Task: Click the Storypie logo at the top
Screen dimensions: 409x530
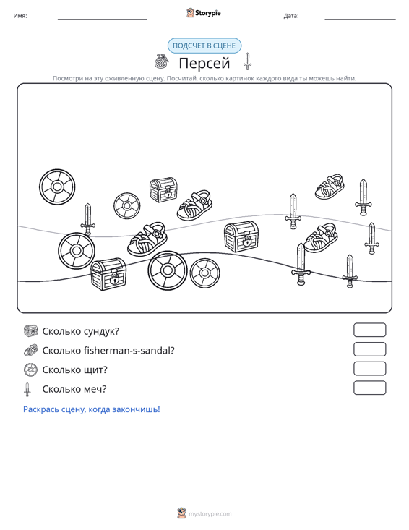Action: coord(203,13)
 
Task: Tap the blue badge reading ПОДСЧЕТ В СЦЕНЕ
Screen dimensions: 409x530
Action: coord(204,46)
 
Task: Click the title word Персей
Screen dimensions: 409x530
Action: coord(204,63)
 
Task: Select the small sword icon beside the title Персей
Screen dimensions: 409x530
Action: coord(248,61)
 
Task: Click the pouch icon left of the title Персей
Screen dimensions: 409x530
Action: coord(161,61)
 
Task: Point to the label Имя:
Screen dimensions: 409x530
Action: coord(20,16)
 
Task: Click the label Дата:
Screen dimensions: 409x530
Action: coord(291,16)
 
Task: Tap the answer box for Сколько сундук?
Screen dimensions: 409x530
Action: coord(369,330)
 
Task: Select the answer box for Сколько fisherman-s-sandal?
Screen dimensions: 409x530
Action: coord(369,349)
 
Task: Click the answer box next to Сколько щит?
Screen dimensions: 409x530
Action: coord(369,369)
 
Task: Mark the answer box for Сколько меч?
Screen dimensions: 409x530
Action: coord(369,388)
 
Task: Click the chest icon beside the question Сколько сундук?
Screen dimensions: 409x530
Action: coord(31,331)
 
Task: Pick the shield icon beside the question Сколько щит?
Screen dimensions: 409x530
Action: coord(31,369)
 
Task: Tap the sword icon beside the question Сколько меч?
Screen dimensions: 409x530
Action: coord(27,390)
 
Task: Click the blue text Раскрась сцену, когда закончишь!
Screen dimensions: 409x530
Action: coord(92,409)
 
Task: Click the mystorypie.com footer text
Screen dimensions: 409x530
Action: coord(210,514)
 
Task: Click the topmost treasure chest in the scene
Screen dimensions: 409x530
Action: coord(163,190)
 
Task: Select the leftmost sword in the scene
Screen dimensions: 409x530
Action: coord(88,219)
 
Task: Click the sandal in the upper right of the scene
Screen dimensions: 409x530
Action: coord(330,187)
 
